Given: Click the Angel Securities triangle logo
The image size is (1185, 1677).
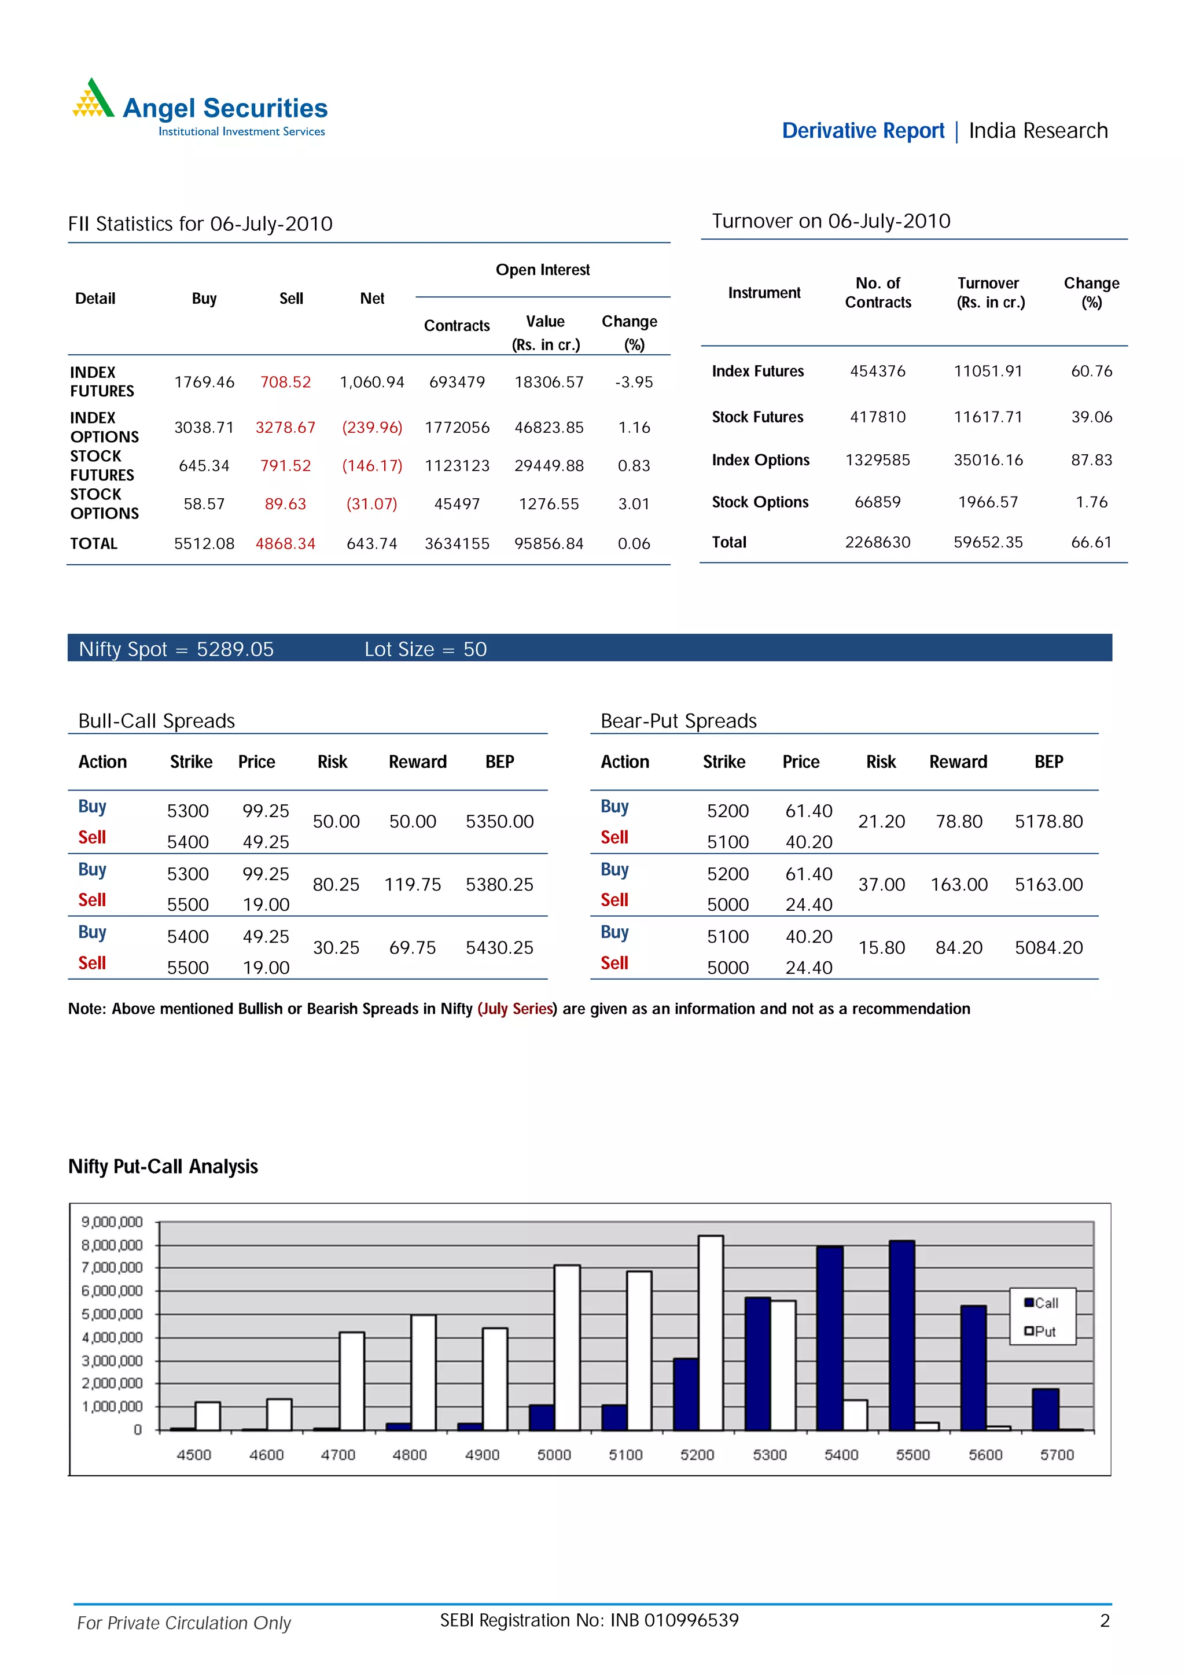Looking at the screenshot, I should click(93, 100).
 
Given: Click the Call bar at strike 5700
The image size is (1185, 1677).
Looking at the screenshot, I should click(1045, 1409).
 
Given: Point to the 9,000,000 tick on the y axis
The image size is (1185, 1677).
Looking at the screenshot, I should click(112, 1222).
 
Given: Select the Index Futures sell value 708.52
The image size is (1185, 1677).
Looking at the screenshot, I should click(285, 382).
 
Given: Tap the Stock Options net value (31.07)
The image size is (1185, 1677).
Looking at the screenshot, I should click(371, 504).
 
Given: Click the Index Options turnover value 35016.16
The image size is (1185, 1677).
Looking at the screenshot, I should click(988, 460).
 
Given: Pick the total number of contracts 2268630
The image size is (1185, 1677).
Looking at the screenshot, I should click(878, 542).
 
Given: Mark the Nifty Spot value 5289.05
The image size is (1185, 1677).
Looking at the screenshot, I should click(235, 649).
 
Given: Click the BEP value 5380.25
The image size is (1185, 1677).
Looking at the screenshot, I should click(499, 885).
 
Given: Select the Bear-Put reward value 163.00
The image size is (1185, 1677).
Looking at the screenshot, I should click(959, 885).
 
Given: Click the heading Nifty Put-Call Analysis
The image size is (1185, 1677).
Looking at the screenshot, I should click(163, 1167).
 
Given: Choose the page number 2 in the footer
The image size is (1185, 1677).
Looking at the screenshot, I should click(1105, 1621).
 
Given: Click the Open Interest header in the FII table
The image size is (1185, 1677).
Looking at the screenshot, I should click(543, 270).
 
